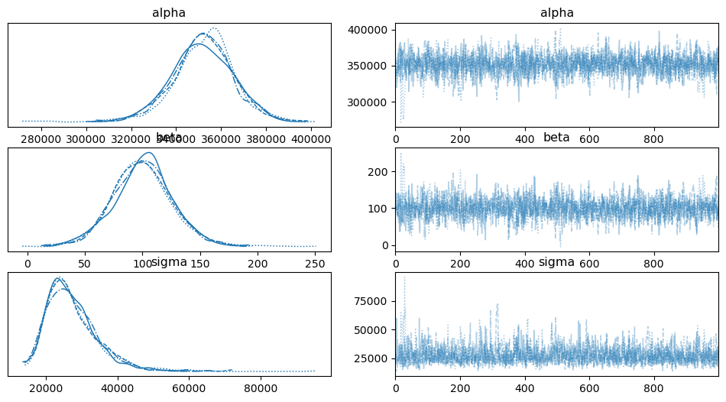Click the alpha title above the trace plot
tap(557, 13)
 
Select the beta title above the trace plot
tap(557, 138)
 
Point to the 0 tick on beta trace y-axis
tap(386, 245)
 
